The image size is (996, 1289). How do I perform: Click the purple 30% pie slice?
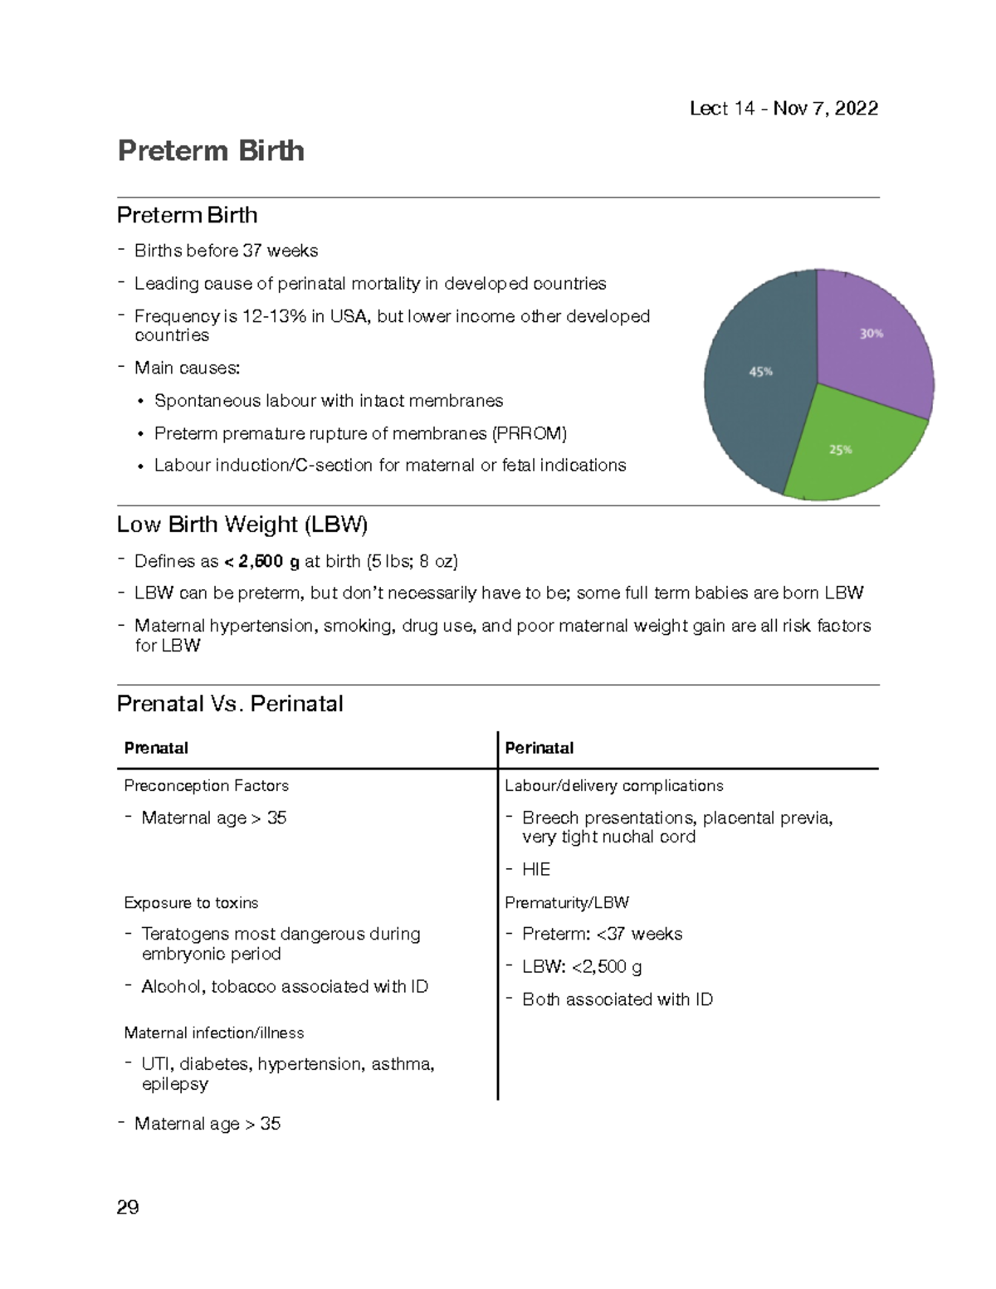[871, 340]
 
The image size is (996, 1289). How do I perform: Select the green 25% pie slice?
[847, 448]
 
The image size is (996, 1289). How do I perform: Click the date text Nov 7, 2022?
[825, 109]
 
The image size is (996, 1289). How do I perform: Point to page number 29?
[128, 1207]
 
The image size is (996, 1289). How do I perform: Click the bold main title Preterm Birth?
[211, 151]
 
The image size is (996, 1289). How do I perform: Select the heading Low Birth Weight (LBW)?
[242, 525]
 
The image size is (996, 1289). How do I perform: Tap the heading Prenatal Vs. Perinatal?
[230, 704]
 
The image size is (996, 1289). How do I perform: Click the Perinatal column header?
[539, 748]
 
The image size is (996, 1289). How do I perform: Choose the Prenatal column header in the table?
[156, 748]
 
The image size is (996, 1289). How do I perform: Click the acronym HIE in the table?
[536, 869]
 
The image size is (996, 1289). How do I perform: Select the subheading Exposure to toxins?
[191, 902]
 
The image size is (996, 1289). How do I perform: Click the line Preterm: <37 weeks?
[602, 935]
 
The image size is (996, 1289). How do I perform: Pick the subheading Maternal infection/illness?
[214, 1033]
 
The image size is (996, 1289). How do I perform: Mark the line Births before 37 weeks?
[226, 251]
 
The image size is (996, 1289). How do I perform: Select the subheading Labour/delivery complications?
[614, 785]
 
